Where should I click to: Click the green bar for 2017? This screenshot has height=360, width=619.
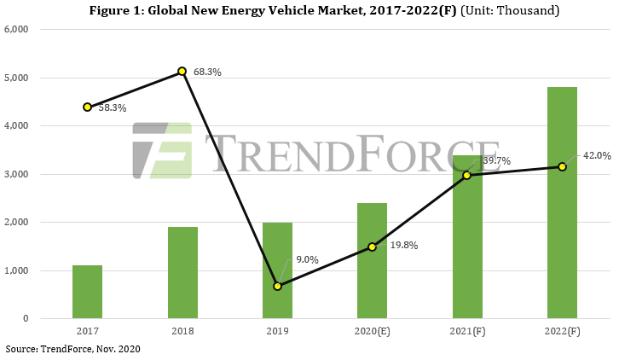coord(87,292)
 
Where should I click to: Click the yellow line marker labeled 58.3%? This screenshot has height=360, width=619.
coord(87,107)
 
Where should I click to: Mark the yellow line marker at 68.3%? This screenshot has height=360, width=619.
coord(182,72)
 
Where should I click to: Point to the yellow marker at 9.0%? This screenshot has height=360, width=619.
coord(277,286)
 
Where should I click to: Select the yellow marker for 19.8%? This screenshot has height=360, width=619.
coord(372,247)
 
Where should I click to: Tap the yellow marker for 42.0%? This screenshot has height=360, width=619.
coord(562,166)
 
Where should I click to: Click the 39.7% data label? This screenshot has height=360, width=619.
coord(497,160)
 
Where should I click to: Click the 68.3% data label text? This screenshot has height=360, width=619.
coord(207,73)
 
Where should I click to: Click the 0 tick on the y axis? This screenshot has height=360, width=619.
coord(26,319)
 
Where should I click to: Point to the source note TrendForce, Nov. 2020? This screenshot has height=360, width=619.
coord(72,349)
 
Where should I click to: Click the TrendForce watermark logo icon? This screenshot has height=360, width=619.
coord(162,151)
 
